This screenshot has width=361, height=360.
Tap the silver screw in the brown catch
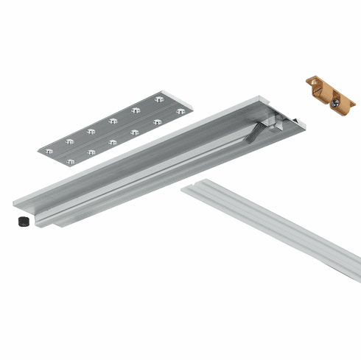[x=335, y=105]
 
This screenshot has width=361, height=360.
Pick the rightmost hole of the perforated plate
[x=180, y=111]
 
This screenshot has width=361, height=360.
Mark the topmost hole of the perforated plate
[x=159, y=98]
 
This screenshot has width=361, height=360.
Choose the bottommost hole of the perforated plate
[x=70, y=160]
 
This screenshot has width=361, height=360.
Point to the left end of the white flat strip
[x=189, y=189]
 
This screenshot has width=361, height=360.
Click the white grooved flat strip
[x=273, y=228]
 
